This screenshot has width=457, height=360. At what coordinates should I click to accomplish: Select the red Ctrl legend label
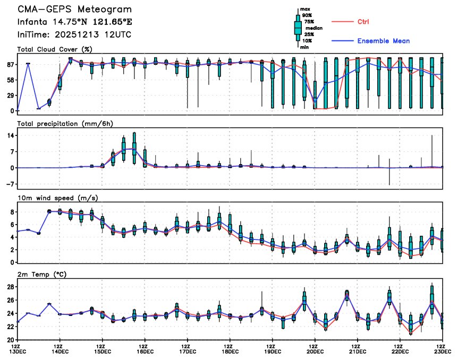363,22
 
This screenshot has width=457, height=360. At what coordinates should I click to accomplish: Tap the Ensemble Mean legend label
383,41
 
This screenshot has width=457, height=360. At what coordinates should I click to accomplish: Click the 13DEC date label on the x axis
18,351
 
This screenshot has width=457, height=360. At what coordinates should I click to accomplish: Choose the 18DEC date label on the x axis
230,351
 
